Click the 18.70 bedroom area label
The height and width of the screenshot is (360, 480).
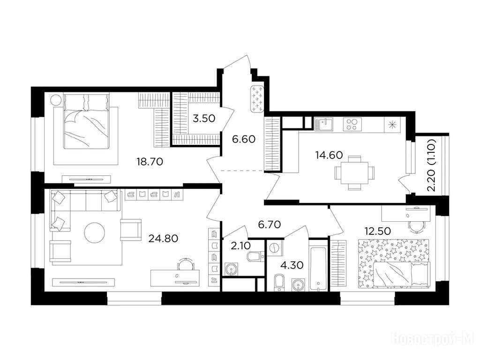tap(150, 161)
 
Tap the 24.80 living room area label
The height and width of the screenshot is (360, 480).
tap(163, 238)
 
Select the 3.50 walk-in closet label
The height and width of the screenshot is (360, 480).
tap(204, 118)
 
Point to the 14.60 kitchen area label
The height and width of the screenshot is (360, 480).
tap(329, 155)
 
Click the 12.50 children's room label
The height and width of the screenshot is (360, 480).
tap(377, 231)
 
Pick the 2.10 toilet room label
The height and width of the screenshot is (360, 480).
tap(241, 246)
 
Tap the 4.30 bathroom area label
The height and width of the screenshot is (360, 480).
tap(292, 265)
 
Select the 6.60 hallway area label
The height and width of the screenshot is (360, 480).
tap(244, 139)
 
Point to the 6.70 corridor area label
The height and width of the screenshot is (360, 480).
tap(270, 225)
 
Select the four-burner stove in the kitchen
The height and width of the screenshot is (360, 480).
tap(352, 124)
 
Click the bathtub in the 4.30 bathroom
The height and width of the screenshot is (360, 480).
tap(318, 264)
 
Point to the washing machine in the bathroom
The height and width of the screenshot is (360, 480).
tap(275, 247)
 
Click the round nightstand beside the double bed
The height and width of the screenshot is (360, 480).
tap(56, 100)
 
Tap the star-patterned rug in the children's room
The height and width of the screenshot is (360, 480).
tap(393, 264)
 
